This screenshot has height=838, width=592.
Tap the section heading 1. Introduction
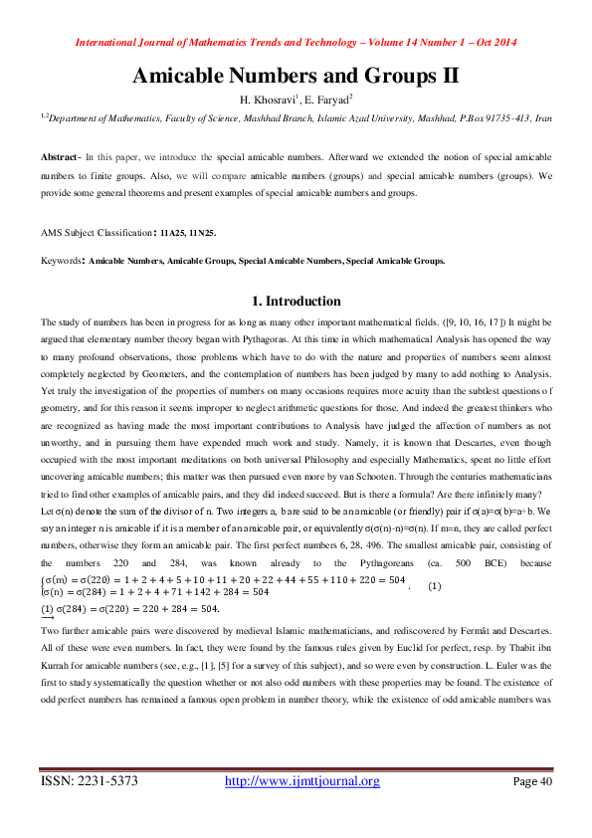click(296, 302)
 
